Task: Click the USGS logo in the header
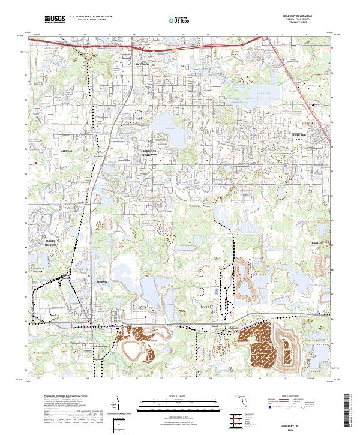(x=55, y=19)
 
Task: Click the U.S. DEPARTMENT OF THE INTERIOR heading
(x=91, y=17)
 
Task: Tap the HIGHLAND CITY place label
(x=298, y=136)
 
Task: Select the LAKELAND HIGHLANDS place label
(x=149, y=152)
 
